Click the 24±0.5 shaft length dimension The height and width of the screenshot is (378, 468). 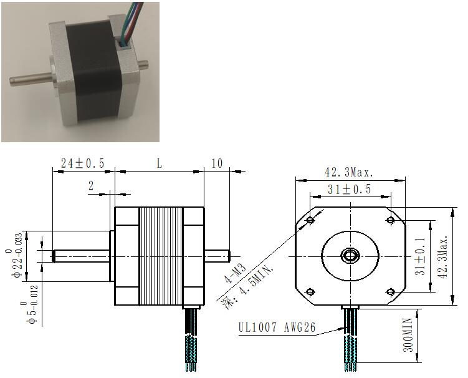(x=83, y=163)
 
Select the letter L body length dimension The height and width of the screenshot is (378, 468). (x=160, y=163)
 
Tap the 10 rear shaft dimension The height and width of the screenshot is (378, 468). (x=217, y=163)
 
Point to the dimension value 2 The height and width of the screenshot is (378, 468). (x=91, y=186)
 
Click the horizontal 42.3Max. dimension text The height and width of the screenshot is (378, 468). (x=349, y=172)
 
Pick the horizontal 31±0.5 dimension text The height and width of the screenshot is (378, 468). (x=349, y=189)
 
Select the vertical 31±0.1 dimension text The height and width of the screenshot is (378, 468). (x=421, y=256)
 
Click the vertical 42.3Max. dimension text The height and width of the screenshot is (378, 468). (x=442, y=256)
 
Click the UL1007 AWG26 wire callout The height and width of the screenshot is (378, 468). (x=277, y=327)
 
